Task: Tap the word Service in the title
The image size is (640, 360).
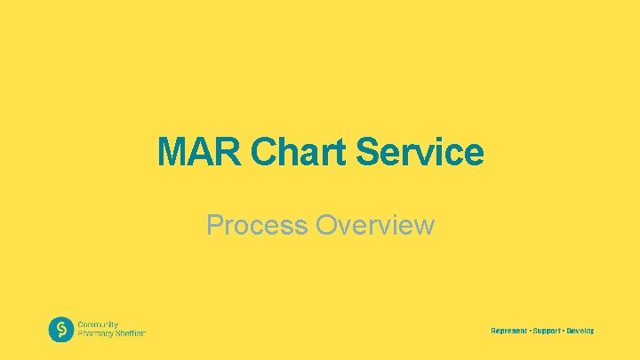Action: [x=420, y=152]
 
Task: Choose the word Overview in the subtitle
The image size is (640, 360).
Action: [x=375, y=226]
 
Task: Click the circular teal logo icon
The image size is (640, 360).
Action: [x=60, y=330]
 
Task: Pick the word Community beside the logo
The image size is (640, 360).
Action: [x=98, y=325]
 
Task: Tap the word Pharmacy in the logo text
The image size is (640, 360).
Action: [x=95, y=334]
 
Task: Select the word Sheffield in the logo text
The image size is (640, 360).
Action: [x=130, y=334]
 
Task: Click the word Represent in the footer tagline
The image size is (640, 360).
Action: [x=509, y=331]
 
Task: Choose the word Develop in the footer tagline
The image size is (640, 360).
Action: [x=580, y=331]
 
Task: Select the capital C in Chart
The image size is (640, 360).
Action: [x=264, y=152]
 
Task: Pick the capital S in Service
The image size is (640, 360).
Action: [x=368, y=152]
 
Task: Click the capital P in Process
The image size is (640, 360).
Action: [x=215, y=226]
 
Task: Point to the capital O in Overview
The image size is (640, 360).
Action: [x=327, y=226]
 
